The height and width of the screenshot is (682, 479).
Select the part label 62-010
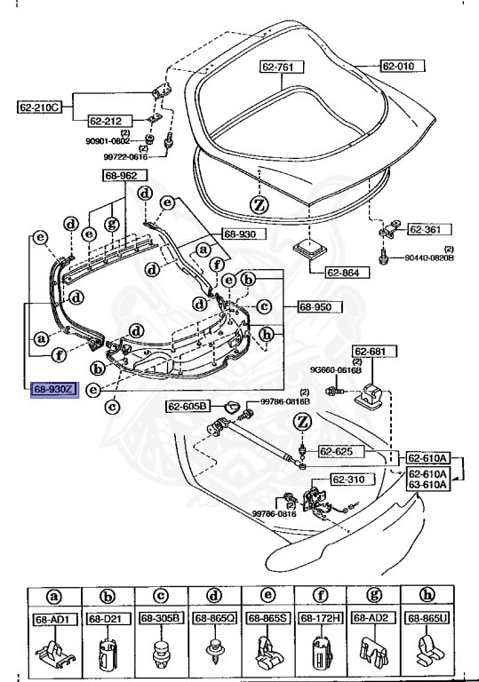click(403, 66)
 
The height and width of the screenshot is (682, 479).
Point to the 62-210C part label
click(38, 107)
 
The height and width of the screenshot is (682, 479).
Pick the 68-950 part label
click(315, 306)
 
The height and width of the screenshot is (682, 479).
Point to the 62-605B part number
click(187, 407)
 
